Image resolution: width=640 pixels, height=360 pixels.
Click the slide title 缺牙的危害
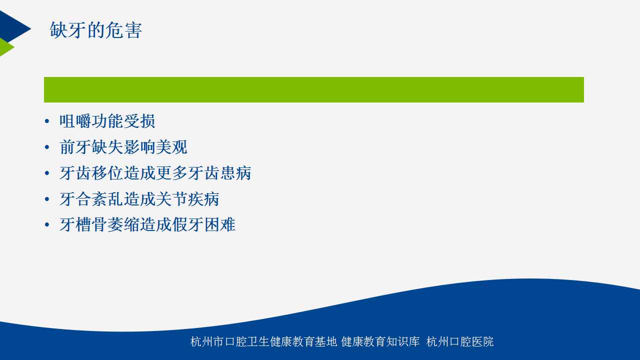pyautogui.click(x=95, y=30)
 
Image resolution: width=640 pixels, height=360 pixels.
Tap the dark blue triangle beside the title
pyautogui.click(x=13, y=27)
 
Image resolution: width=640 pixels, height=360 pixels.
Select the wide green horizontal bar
pyautogui.click(x=313, y=89)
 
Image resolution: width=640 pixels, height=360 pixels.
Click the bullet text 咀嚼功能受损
pyautogui.click(x=107, y=121)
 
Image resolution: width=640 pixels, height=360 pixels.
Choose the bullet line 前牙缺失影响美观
pyautogui.click(x=123, y=147)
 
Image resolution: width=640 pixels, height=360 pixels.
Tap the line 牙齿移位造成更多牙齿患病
pyautogui.click(x=155, y=173)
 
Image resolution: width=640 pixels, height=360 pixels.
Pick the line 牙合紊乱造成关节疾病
pyautogui.click(x=139, y=199)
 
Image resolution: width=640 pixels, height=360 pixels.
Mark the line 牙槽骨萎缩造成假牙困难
pyautogui.click(x=147, y=224)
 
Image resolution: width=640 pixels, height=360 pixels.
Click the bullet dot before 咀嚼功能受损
pyautogui.click(x=47, y=121)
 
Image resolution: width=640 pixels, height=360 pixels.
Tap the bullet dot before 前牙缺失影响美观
pyautogui.click(x=47, y=147)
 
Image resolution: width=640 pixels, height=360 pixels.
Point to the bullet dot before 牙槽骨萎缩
pyautogui.click(x=47, y=224)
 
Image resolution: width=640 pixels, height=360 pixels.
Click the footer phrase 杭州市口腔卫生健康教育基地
pyautogui.click(x=263, y=341)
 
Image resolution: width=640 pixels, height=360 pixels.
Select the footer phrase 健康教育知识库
pyautogui.click(x=380, y=341)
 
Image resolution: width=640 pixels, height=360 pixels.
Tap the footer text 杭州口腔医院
pyautogui.click(x=460, y=341)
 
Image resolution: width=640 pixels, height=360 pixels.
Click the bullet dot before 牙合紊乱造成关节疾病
pyautogui.click(x=47, y=199)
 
